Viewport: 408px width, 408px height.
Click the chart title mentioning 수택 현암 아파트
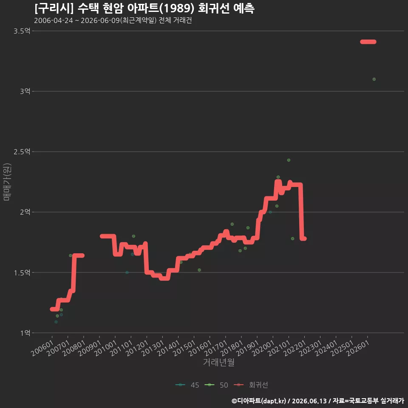(x=144, y=8)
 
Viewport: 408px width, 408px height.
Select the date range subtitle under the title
(x=113, y=20)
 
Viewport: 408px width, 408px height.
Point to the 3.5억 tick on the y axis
(x=22, y=31)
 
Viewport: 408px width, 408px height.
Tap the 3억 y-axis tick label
(x=25, y=91)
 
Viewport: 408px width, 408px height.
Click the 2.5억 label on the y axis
(x=22, y=152)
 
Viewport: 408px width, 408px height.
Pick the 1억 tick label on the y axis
(x=25, y=333)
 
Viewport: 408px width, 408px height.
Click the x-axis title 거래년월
(x=218, y=362)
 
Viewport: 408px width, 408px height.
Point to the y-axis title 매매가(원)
(x=7, y=182)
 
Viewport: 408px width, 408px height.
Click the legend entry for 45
(x=187, y=385)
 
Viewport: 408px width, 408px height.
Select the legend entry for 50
(x=216, y=385)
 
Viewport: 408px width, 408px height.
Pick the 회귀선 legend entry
(x=251, y=385)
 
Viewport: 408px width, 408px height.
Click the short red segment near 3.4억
(x=368, y=42)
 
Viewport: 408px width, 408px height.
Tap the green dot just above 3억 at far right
(x=374, y=79)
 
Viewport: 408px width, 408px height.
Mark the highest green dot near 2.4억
(x=289, y=160)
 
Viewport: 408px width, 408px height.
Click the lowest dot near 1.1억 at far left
(x=56, y=322)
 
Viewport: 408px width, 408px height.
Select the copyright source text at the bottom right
(x=318, y=401)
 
